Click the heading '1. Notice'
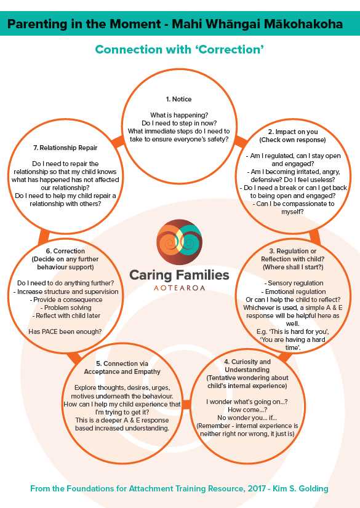click(178, 99)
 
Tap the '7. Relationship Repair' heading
click(65, 148)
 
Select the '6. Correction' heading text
click(65, 251)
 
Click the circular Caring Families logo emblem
click(179, 242)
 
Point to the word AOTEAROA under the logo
click(179, 288)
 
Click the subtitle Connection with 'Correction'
click(179, 50)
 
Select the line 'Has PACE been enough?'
click(65, 331)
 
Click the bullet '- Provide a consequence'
click(66, 300)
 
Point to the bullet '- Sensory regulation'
click(294, 283)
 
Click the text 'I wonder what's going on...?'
click(247, 402)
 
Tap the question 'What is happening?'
click(179, 115)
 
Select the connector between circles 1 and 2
click(241, 141)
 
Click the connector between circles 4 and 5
click(186, 404)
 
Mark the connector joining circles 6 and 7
click(44, 237)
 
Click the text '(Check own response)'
click(292, 140)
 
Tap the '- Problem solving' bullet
click(66, 308)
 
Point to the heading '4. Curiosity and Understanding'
click(247, 366)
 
